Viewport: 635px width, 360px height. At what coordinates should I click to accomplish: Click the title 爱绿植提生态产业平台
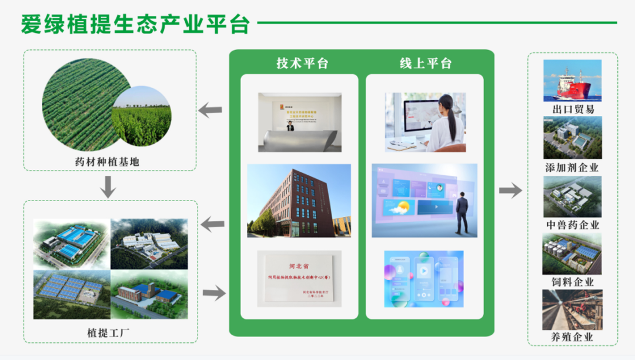point(136,24)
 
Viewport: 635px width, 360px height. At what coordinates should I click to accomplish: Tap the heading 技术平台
point(302,64)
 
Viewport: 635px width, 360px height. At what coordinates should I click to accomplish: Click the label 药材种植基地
point(108,160)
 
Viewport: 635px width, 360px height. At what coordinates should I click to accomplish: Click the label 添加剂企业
point(572,167)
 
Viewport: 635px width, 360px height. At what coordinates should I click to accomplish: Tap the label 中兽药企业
point(572,225)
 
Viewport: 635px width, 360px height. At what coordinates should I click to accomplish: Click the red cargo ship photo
point(572,81)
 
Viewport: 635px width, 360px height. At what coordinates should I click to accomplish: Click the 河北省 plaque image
point(299,279)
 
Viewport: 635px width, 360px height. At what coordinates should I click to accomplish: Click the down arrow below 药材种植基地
point(108,188)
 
